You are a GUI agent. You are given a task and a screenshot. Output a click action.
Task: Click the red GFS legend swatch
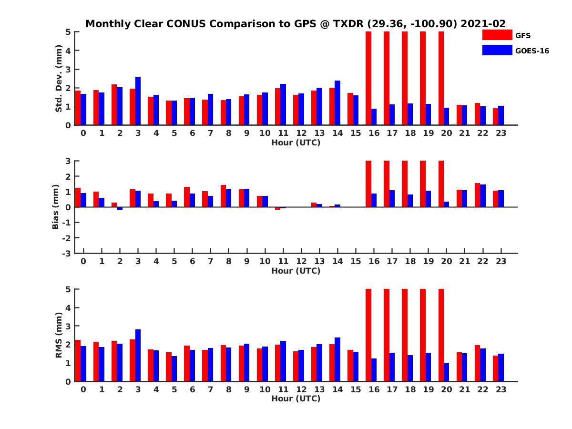click(x=497, y=35)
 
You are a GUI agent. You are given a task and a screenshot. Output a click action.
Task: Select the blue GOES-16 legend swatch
click(x=497, y=50)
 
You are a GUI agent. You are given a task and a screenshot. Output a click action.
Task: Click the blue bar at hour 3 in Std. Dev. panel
click(x=138, y=101)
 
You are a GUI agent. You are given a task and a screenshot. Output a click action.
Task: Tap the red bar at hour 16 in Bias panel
click(x=368, y=184)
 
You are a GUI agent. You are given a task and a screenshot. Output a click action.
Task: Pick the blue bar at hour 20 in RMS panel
click(x=446, y=372)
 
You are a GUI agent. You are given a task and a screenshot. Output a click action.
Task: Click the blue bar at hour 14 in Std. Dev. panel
click(x=337, y=103)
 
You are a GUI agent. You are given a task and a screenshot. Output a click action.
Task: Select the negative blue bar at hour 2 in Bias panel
click(x=120, y=208)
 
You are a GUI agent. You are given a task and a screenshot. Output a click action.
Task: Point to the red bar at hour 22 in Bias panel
click(x=477, y=195)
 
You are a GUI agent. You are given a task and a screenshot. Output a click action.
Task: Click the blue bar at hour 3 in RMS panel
click(x=138, y=355)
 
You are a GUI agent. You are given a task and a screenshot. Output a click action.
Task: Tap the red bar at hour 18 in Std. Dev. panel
click(x=405, y=78)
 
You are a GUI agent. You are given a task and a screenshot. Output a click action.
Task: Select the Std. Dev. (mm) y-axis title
click(x=59, y=78)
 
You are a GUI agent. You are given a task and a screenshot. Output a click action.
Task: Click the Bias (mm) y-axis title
click(x=56, y=207)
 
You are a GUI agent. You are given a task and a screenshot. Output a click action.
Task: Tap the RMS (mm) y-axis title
click(x=59, y=335)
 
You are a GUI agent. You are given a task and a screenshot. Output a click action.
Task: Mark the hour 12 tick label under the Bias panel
click(x=301, y=261)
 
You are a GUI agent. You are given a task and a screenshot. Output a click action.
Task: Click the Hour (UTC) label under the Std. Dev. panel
click(x=296, y=143)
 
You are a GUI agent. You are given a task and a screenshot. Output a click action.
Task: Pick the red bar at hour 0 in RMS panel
click(x=78, y=360)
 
